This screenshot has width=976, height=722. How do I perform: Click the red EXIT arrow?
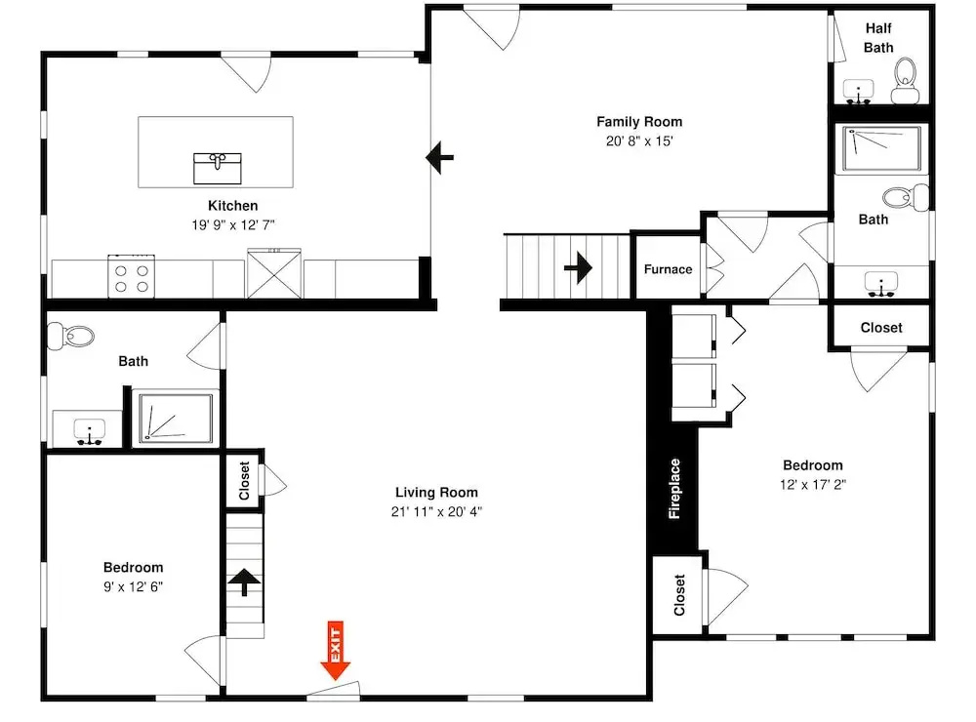336,650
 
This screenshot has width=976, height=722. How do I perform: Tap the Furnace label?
668,269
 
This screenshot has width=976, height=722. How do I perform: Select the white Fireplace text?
674,489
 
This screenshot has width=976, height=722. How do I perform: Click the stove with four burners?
132,276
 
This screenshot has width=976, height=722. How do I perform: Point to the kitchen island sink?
218,169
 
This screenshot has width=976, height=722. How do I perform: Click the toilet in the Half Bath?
905,81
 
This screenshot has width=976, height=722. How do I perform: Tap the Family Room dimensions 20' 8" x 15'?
639,141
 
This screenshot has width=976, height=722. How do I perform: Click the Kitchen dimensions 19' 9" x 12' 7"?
233,224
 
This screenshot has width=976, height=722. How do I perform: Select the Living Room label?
436,493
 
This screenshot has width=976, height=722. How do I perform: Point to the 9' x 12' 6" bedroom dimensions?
133,586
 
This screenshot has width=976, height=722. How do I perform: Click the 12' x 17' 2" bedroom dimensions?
813,484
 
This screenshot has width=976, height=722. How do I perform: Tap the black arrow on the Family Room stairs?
578,267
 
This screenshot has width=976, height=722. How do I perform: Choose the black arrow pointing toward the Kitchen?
439,157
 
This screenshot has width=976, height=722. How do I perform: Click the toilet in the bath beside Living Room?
70,336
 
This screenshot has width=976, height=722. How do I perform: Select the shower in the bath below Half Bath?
881,148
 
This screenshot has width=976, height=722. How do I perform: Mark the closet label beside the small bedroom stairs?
244,480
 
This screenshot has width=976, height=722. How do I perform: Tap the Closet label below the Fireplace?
679,595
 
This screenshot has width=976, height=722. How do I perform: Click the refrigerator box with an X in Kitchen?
274,274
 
